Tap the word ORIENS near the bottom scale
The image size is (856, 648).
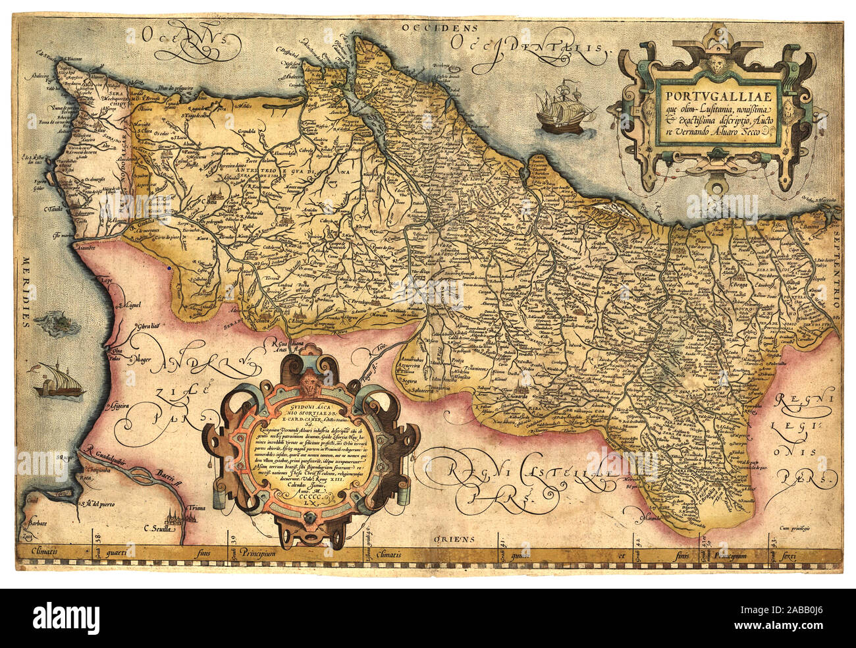[454, 539]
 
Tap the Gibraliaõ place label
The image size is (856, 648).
[148, 327]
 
